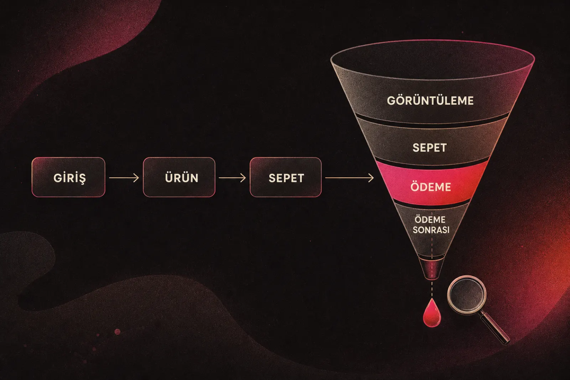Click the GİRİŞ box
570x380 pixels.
(68, 177)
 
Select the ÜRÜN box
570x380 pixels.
(179, 177)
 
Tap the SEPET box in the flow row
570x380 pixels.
(286, 177)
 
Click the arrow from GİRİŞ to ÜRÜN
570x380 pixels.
(124, 178)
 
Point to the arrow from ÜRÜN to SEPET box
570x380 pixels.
(232, 178)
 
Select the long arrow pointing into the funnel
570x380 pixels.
(349, 178)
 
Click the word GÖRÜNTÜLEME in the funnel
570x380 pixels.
(430, 101)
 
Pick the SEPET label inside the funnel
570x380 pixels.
(430, 148)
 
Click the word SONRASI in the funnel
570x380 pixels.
(431, 230)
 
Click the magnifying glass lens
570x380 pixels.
(467, 295)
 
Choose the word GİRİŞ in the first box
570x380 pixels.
(69, 178)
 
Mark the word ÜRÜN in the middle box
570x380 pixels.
(182, 177)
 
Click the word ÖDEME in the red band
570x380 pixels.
(431, 187)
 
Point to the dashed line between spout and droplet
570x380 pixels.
(432, 289)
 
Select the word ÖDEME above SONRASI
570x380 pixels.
(430, 219)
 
